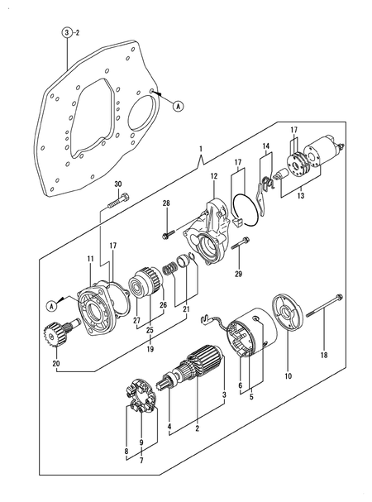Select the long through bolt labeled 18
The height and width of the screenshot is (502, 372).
(x=325, y=306)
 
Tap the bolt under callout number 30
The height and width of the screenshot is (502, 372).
(x=119, y=200)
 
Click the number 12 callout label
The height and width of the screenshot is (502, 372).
(x=214, y=176)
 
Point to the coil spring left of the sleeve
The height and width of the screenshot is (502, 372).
(x=169, y=269)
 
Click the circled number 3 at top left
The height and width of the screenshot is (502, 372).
(x=67, y=32)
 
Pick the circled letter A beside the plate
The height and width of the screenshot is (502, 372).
(x=178, y=106)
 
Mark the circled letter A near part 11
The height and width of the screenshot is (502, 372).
(x=51, y=306)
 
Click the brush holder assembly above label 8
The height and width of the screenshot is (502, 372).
(x=141, y=396)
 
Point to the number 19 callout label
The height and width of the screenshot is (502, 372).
(x=150, y=349)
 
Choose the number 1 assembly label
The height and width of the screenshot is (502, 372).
(x=201, y=149)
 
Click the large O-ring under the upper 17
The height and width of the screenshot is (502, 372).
(x=246, y=210)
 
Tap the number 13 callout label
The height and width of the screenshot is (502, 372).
(x=301, y=195)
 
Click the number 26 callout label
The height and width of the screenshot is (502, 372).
(x=164, y=305)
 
